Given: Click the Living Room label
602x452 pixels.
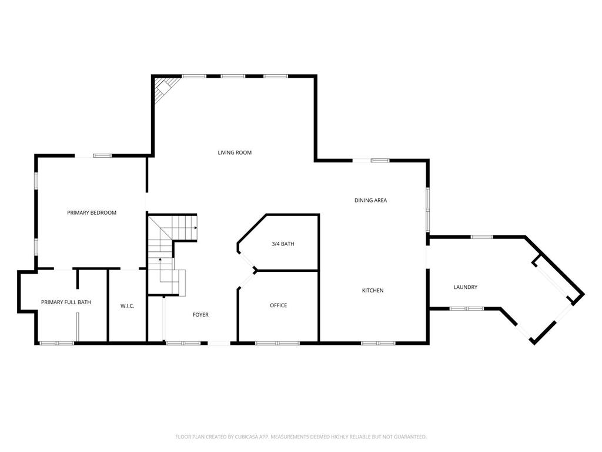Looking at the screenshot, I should (x=235, y=152).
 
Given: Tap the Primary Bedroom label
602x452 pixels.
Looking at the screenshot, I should (x=92, y=212).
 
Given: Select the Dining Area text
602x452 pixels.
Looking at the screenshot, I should (x=370, y=200).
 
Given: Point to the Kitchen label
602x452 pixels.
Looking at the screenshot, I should (x=373, y=290).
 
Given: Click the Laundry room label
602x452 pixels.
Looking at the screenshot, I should (x=465, y=287).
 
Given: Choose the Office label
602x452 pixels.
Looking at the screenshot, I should (x=278, y=305).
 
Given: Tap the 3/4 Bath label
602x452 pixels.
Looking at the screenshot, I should (x=283, y=244).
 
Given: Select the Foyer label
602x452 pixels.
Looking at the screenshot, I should (x=200, y=315).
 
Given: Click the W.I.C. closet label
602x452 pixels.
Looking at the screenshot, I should (x=128, y=305).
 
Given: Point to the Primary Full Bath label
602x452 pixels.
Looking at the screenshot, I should (x=66, y=302).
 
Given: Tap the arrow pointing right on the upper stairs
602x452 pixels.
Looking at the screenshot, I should (x=195, y=227).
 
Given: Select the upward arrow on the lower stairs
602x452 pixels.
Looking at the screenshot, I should (x=159, y=260).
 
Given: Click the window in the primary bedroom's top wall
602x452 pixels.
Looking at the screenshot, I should (x=102, y=155).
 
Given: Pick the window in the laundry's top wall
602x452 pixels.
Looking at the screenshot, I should (x=481, y=237).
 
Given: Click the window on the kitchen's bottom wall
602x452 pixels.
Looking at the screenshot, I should (x=379, y=343).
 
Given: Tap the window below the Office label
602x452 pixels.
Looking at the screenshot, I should (x=277, y=343).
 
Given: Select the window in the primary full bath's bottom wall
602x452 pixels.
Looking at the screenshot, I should (x=56, y=343).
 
